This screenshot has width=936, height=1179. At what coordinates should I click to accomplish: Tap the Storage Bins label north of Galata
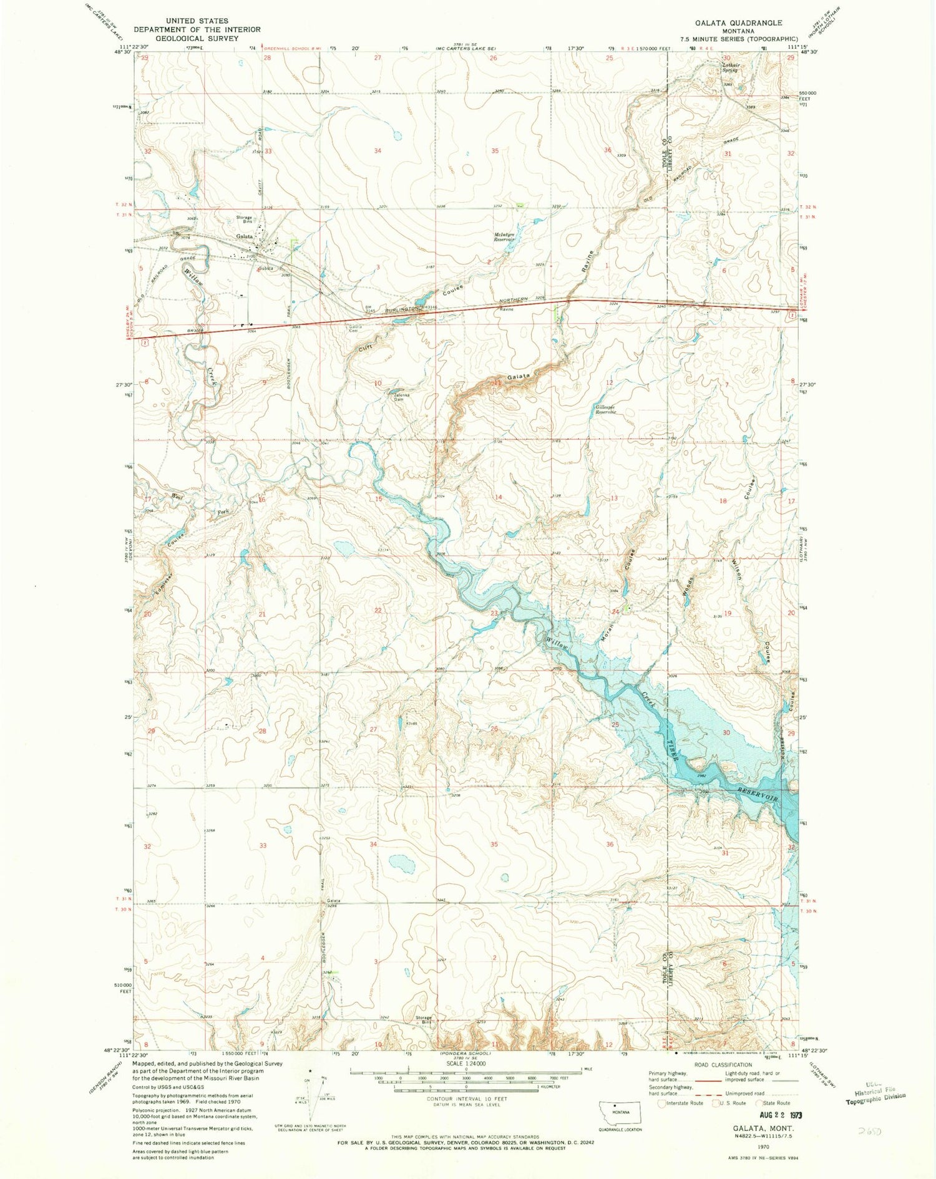point(243,219)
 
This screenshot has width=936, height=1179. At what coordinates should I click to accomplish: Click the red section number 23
point(494,613)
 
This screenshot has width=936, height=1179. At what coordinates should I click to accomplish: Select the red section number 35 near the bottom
point(494,844)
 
